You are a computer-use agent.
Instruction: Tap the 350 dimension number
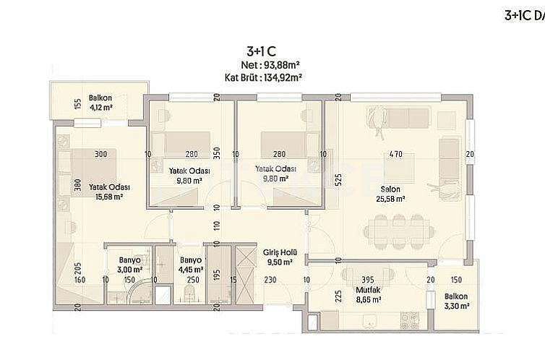[215, 154]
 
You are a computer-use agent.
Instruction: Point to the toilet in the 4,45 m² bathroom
[189, 293]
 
